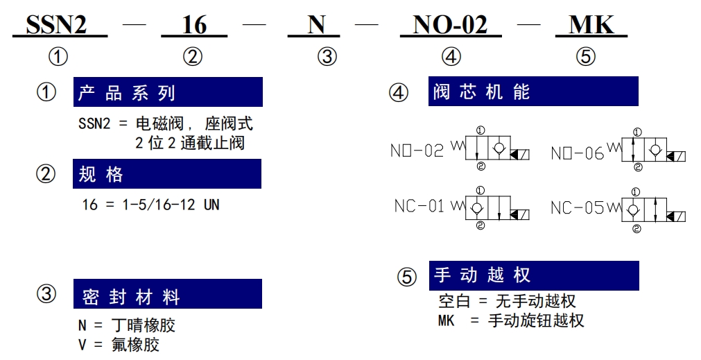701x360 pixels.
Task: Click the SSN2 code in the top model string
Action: point(56,24)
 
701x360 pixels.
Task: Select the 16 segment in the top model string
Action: point(194,24)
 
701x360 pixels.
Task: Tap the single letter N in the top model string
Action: point(316,24)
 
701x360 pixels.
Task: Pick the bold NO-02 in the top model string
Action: point(450,24)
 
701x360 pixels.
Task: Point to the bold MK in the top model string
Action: point(591,24)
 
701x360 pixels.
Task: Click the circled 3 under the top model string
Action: point(327,57)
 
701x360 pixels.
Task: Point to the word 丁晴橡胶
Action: point(144,325)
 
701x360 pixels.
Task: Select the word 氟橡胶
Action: point(135,345)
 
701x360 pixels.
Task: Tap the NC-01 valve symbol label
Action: point(419,206)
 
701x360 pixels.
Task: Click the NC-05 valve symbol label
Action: point(578,207)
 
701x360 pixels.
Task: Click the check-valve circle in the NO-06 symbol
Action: point(655,149)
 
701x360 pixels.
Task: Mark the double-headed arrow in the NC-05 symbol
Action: point(655,209)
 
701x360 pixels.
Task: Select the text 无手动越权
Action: point(535,301)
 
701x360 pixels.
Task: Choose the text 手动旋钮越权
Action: point(536,320)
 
